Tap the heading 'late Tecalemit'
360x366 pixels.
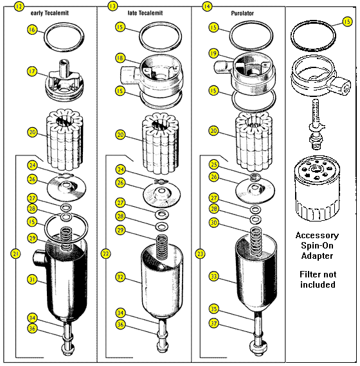pos(145,12)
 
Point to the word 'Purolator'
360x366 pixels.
pos(238,12)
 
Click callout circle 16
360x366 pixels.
pos(32,30)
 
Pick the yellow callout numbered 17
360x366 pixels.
pos(32,71)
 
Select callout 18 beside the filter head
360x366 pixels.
pos(120,58)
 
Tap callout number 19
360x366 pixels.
pos(213,53)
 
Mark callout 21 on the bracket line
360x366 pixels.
pos(15,254)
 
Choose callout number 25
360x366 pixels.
pos(214,165)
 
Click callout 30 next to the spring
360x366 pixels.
pos(214,223)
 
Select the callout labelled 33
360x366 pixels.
pos(214,277)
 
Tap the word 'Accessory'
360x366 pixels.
pos(317,235)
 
